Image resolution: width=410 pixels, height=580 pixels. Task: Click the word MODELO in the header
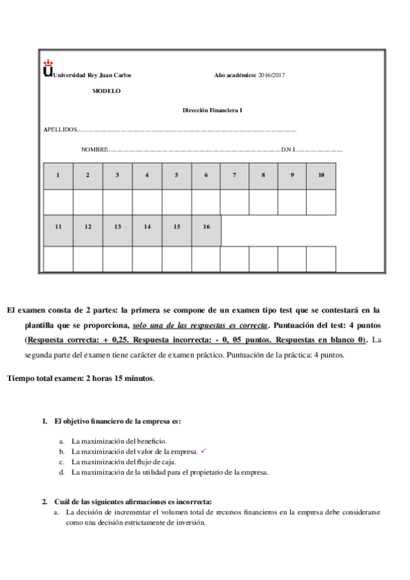click(x=106, y=90)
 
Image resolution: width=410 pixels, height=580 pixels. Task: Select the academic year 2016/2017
click(x=272, y=75)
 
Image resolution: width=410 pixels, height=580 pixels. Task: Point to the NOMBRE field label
click(x=95, y=149)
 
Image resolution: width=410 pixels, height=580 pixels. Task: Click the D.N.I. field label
click(x=288, y=149)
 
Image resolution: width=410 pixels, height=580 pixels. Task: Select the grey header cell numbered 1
click(x=58, y=176)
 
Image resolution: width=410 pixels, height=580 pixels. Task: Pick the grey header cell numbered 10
click(x=321, y=176)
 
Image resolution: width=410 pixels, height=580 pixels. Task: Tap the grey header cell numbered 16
click(x=206, y=226)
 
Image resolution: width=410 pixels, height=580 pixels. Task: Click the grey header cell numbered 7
click(x=234, y=176)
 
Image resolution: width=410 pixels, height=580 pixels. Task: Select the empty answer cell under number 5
click(x=177, y=202)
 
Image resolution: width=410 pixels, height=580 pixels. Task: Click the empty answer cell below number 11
click(x=58, y=259)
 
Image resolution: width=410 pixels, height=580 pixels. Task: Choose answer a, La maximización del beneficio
click(x=119, y=441)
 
